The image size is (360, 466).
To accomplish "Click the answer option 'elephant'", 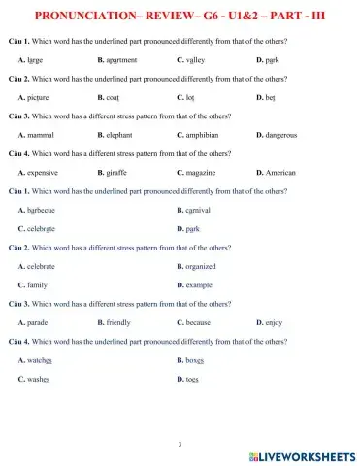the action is click(x=122, y=135).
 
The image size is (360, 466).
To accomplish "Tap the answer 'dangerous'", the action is click(x=281, y=135).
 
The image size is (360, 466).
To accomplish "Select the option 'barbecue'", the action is click(x=41, y=210).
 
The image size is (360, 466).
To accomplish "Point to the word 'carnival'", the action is click(x=198, y=210).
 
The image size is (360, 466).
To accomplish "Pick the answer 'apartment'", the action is click(x=122, y=60).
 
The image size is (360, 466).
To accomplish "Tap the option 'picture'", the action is click(x=38, y=98).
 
